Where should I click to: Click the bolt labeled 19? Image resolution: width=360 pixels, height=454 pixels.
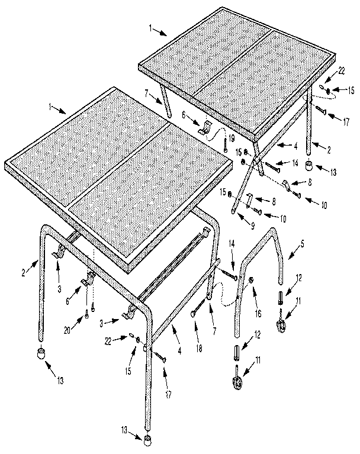[224, 146]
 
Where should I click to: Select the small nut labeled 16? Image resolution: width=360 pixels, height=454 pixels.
[252, 279]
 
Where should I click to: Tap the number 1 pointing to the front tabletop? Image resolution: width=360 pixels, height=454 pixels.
[53, 108]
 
